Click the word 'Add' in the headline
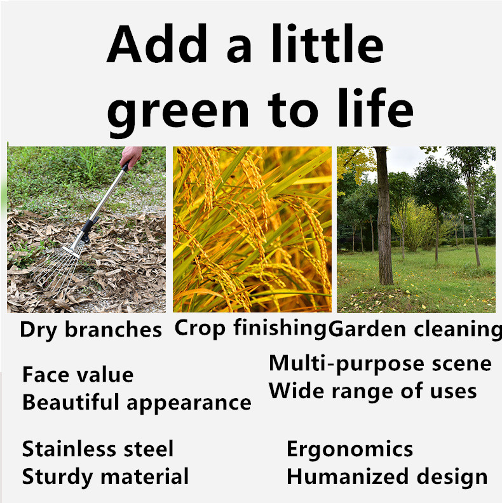tap(157, 43)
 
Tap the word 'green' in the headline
tap(178, 112)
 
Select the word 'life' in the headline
tap(376, 107)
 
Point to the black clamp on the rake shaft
tap(88, 228)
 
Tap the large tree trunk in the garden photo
tap(384, 215)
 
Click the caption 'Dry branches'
tap(90, 330)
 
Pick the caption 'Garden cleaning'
tap(415, 330)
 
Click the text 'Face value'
tap(78, 374)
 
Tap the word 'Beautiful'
tap(71, 402)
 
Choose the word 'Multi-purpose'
tap(346, 364)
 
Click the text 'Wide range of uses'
tap(372, 391)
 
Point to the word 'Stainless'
tap(69, 448)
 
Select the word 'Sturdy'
tap(57, 478)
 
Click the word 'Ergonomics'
tap(349, 450)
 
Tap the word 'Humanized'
tap(348, 476)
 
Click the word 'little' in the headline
tap(327, 43)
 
